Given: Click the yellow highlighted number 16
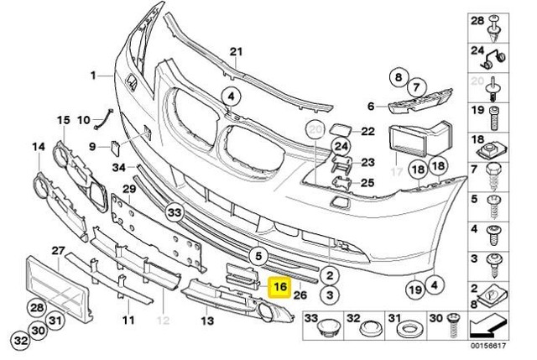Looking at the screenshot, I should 280,287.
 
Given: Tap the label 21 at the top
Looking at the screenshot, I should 236,50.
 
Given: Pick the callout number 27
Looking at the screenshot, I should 58,251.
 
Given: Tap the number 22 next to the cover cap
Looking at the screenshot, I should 367,131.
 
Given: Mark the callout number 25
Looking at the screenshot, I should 367,181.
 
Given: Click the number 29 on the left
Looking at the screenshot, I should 129,190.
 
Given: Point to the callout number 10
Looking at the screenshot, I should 84,121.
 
